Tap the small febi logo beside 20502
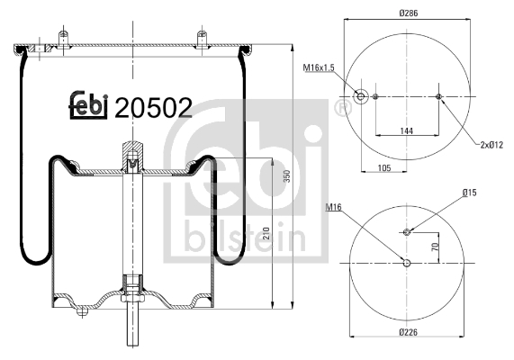pyautogui.click(x=88, y=106)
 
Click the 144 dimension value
pyautogui.click(x=407, y=131)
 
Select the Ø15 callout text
pyautogui.click(x=469, y=192)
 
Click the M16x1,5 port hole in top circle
pyautogui.click(x=361, y=97)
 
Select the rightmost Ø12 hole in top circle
pyautogui.click(x=438, y=97)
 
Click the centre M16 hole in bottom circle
pyautogui.click(x=407, y=263)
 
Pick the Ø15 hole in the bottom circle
pyautogui.click(x=407, y=232)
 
